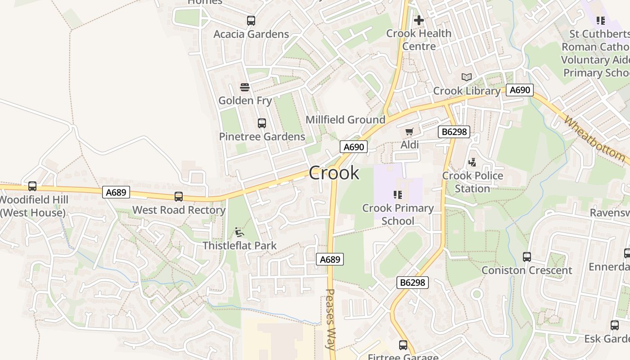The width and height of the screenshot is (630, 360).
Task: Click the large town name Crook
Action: pos(334,173)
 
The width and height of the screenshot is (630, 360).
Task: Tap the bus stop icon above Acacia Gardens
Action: pos(251,21)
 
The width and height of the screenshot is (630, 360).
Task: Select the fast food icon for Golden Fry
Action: pos(245,87)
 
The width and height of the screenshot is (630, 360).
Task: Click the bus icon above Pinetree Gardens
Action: pos(261,123)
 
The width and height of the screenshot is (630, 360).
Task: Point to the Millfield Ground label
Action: pos(345,120)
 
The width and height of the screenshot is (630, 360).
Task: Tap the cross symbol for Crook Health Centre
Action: pos(419,20)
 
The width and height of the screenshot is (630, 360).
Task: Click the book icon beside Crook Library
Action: pos(467,77)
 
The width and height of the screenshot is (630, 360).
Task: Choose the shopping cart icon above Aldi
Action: pos(409,132)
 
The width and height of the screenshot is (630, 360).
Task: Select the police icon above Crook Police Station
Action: pos(472,162)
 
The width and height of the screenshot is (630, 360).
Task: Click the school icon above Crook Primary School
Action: pos(397,195)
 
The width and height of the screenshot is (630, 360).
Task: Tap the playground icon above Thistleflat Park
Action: pos(239,232)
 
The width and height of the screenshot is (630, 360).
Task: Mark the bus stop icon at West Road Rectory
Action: pos(179,197)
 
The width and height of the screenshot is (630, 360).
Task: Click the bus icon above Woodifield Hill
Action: pos(32,186)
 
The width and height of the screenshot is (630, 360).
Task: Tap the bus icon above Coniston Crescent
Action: pos(526,257)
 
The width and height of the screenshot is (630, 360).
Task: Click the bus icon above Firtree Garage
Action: pos(403,345)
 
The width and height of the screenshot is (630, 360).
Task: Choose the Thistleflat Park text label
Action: pos(239,246)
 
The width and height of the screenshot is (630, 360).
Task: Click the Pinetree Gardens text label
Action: pos(262,136)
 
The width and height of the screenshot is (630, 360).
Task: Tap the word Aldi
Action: pos(409,145)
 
